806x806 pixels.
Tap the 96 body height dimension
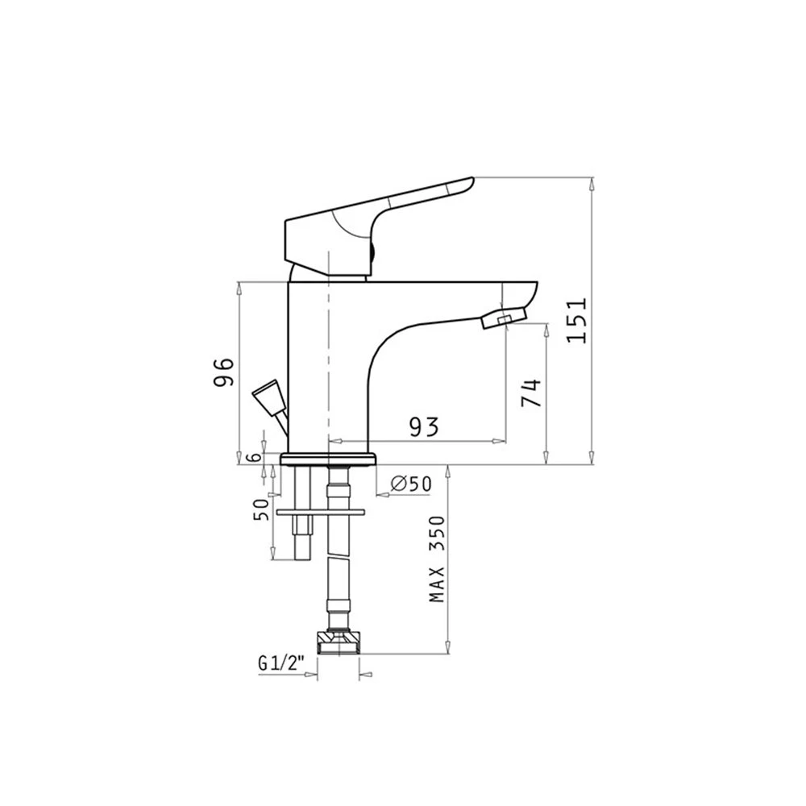tap(225, 372)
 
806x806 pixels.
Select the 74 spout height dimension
tap(531, 393)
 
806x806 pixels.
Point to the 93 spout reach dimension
tap(424, 426)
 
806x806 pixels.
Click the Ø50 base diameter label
tap(411, 483)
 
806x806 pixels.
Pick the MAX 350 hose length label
tap(436, 559)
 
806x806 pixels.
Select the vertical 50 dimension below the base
tap(261, 510)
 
